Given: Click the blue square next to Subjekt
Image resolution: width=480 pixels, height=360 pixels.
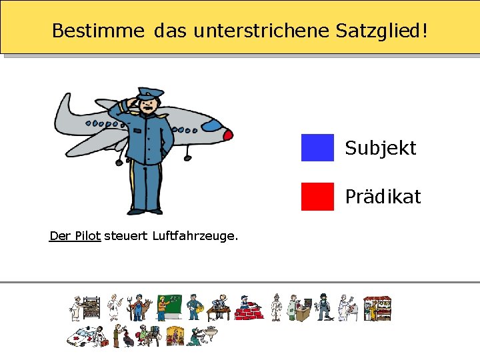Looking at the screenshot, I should point(317,147).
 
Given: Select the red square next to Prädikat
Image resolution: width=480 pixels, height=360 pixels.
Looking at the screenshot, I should point(317,196).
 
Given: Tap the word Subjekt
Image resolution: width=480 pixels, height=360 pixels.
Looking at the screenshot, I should point(380,148).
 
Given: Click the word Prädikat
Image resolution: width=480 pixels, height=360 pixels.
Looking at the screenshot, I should point(383,197).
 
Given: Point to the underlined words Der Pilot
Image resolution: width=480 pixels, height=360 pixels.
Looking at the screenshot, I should point(75,235).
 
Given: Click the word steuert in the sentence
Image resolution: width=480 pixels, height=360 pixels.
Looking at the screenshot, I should point(127,235).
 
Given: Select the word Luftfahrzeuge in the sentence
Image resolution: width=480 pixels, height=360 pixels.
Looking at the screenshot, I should point(195,236).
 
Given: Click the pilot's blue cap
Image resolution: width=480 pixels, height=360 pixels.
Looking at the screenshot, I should point(151,93).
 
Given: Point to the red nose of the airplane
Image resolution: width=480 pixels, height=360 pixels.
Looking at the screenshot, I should point(227,135).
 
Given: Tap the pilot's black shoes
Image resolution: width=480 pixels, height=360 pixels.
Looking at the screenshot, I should point(145,211).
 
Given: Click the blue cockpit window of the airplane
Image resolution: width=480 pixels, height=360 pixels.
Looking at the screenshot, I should point(211,125).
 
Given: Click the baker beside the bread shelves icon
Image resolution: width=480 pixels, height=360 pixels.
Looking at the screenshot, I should point(85,309).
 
